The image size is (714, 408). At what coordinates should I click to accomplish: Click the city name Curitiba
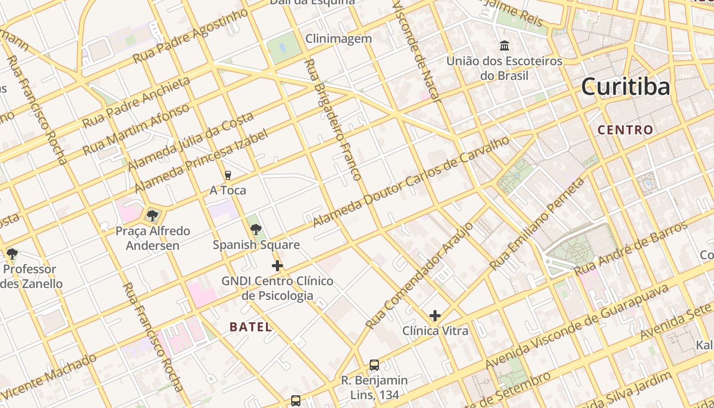[x=625, y=87]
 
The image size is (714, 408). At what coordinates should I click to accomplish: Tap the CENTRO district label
[x=625, y=130]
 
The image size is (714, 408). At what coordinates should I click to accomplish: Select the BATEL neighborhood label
[x=250, y=327]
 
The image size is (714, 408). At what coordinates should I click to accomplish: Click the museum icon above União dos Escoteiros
[x=504, y=46]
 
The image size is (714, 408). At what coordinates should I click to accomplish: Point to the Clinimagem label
[x=338, y=39]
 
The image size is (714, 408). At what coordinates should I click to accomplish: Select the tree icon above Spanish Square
[x=256, y=229]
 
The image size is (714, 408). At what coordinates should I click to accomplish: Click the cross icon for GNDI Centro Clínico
[x=277, y=266]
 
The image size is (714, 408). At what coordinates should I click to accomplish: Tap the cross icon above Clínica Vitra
[x=435, y=316]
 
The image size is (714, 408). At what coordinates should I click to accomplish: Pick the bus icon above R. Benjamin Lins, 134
[x=374, y=365]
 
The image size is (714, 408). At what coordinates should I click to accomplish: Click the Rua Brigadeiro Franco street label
[x=333, y=120]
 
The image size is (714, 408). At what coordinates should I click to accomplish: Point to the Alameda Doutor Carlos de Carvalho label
[x=411, y=182]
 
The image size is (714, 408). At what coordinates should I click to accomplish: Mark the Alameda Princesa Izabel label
[x=200, y=161]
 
